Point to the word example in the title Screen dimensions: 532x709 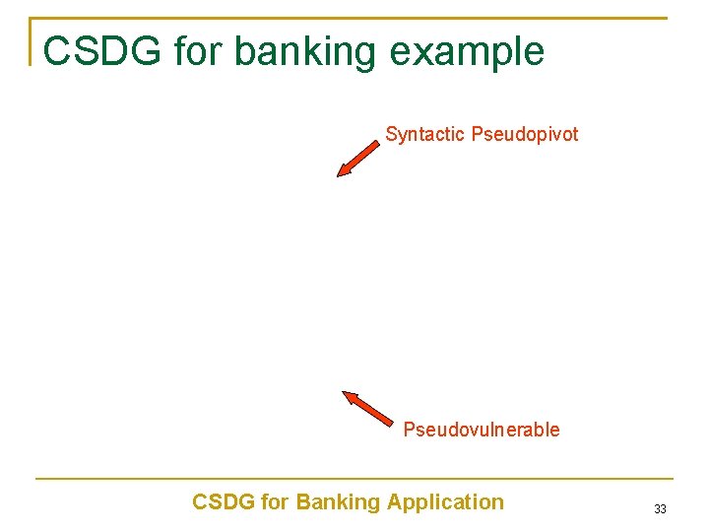click(x=471, y=52)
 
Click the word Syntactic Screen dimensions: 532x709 click(x=425, y=134)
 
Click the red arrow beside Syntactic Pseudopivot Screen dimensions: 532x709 click(x=357, y=159)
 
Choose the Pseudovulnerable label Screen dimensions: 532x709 click(x=481, y=430)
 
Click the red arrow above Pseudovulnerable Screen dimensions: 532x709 click(x=366, y=409)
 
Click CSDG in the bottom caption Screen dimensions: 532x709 click(x=222, y=502)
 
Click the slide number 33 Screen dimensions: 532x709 click(x=660, y=509)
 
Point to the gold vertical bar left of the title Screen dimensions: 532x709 click(x=31, y=41)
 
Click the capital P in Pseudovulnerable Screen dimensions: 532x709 click(x=409, y=430)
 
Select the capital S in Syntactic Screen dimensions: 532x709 click(x=391, y=134)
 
